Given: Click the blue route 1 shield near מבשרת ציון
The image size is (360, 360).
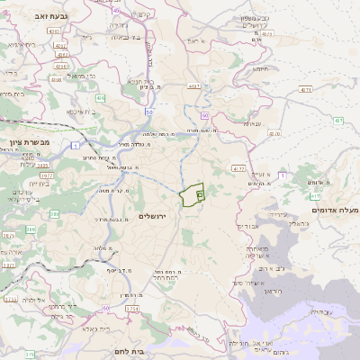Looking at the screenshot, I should [76, 145].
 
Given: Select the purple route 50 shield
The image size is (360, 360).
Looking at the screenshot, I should [149, 110].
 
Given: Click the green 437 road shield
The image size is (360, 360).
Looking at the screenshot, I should [338, 120].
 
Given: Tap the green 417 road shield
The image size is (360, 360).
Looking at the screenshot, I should [316, 195].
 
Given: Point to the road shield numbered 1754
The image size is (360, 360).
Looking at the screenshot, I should [132, 309].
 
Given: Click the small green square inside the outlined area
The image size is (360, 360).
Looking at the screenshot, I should [200, 193].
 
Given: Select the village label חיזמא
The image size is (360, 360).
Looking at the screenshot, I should [261, 68].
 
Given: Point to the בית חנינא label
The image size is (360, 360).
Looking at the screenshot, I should [141, 81].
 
